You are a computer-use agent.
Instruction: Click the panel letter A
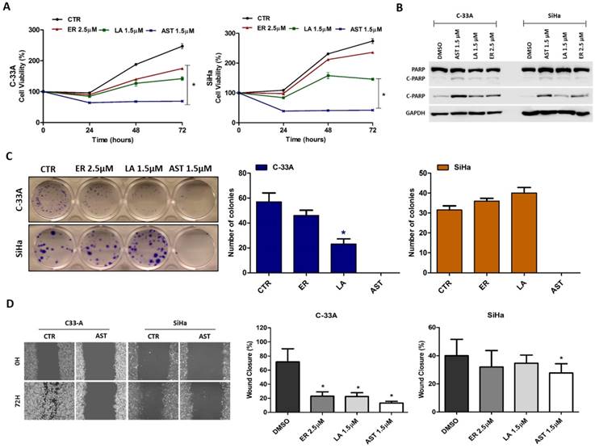click(x=7, y=6)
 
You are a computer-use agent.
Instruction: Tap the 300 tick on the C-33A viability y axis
click(x=36, y=30)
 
